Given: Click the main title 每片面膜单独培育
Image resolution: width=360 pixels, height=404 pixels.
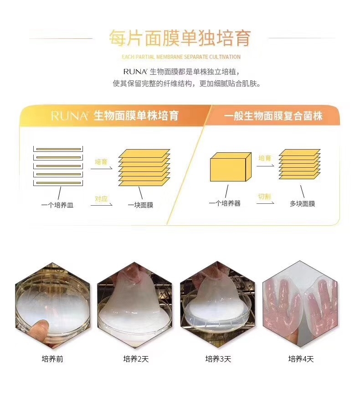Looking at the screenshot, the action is coord(180,39).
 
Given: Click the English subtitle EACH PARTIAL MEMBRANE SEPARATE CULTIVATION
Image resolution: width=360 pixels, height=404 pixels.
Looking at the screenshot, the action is coord(181,57).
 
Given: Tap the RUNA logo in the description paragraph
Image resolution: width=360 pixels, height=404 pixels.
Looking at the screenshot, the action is coord(135,72).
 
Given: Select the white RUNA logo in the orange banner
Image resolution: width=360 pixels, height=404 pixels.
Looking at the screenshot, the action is coord(70,116).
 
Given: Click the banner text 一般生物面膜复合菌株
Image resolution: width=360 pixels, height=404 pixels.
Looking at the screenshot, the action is coord(273,116).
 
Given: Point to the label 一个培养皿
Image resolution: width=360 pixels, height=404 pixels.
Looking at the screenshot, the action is coord(57,205).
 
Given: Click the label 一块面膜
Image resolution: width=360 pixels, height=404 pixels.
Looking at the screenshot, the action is coord(141,205).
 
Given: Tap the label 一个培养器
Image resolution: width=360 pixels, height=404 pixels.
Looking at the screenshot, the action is coord(225,203).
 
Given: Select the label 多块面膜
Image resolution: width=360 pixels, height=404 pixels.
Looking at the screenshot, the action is coord(302,204).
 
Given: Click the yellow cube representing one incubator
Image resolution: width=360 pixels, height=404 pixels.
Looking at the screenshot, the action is coord(231,167).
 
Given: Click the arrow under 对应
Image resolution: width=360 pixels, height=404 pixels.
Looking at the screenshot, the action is coord(102,205).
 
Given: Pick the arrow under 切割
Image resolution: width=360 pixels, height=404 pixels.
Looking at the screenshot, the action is coord(265,203).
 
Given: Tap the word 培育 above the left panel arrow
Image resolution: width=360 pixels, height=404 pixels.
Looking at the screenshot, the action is coord(101,162).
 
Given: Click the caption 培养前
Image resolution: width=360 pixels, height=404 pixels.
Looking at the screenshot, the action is coord(52,359).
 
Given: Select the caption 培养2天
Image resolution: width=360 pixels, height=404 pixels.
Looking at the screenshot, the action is coord(136,359).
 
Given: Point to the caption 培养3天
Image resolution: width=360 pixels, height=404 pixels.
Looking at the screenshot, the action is coord(218,359).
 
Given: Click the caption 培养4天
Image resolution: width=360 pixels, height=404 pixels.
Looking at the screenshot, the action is coord(301,359).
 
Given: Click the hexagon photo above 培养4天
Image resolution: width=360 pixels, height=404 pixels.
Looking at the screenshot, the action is coord(300,304).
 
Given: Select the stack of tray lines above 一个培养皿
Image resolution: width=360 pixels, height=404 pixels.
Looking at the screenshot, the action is coord(58,166).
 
